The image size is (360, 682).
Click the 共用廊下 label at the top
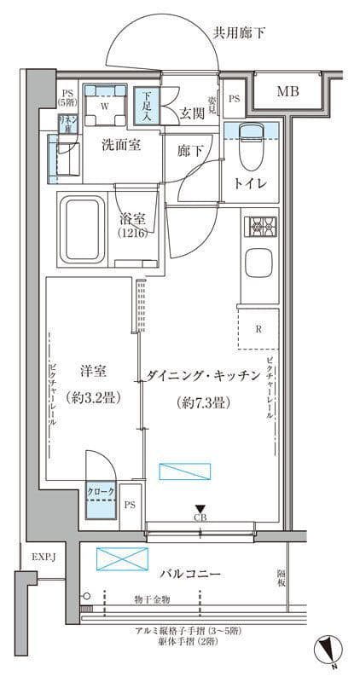tap(239, 33)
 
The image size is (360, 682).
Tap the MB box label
tap(286, 92)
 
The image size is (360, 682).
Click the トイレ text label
tap(251, 183)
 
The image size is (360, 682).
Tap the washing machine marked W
tap(104, 106)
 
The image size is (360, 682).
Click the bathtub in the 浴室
tap(81, 228)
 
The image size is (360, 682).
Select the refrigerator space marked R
tap(258, 327)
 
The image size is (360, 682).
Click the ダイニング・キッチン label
tap(202, 374)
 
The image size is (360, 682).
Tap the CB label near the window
tap(200, 517)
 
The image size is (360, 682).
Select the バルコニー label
tap(190, 574)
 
